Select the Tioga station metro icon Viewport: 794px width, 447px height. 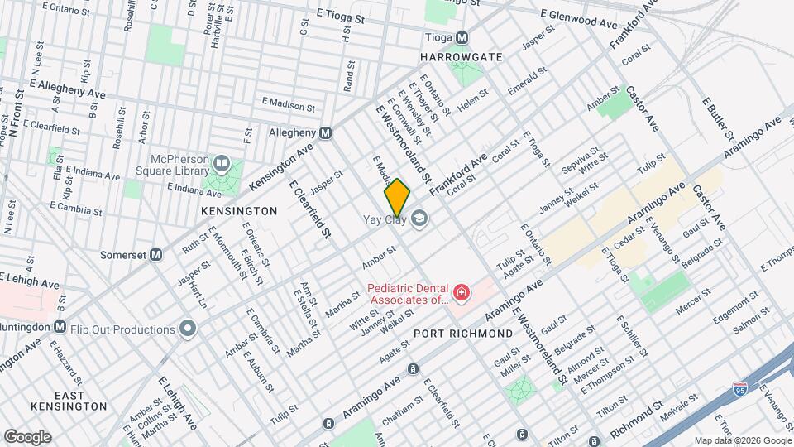click(x=462, y=37)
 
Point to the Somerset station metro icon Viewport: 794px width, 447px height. click(x=155, y=255)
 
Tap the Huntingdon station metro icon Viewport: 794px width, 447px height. click(x=59, y=326)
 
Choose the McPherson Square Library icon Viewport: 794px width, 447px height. click(x=220, y=161)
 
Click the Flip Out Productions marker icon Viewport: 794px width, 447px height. click(x=188, y=329)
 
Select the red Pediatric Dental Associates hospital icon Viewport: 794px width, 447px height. click(x=460, y=292)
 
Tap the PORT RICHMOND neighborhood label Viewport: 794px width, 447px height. click(x=463, y=333)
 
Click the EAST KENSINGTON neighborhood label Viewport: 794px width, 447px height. click(x=69, y=399)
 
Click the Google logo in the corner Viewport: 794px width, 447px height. click(x=27, y=437)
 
